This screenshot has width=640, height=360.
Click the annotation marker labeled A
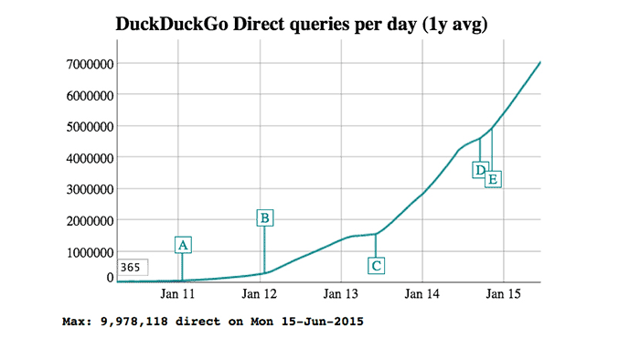(x=183, y=245)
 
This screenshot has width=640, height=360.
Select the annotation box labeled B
(x=264, y=217)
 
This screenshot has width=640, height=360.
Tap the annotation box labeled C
(x=376, y=266)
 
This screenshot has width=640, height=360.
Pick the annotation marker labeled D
(x=479, y=170)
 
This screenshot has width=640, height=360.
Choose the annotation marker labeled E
(x=493, y=179)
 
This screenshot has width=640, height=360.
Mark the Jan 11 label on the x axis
(x=178, y=294)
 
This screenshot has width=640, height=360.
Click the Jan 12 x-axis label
(x=260, y=294)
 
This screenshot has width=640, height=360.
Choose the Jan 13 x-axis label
(x=341, y=294)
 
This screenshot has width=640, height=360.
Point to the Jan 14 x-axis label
(x=421, y=294)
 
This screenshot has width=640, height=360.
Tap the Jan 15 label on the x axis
(x=503, y=294)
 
